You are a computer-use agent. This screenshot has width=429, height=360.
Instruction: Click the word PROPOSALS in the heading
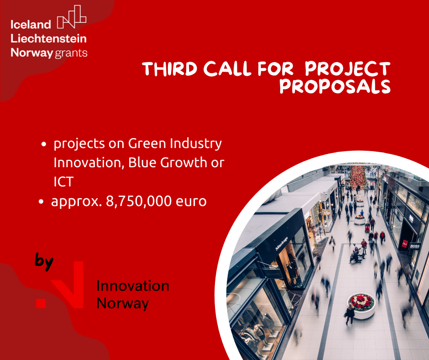pos(335,86)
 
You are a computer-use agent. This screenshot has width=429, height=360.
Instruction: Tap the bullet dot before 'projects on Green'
pos(44,144)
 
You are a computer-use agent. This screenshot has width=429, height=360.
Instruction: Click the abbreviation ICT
pos(63,181)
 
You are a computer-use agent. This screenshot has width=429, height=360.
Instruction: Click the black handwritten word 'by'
pos(45,262)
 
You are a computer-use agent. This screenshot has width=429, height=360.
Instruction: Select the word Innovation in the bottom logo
pos(133,286)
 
